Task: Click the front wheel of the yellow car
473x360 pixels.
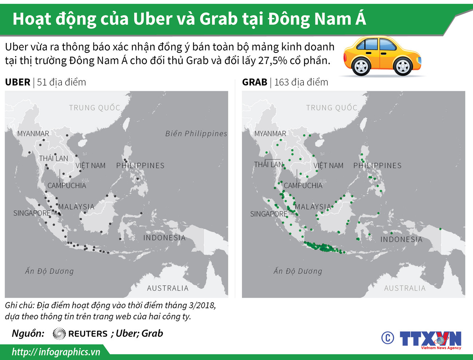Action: tap(403, 67)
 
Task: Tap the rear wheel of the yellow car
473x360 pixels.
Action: tap(362, 67)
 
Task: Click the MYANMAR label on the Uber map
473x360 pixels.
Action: tap(33, 134)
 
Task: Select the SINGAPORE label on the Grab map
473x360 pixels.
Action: tap(269, 214)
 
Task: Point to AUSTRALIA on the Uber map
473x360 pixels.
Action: tap(168, 288)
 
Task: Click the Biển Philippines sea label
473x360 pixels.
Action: tap(196, 134)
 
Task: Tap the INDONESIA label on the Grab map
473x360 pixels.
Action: tap(401, 240)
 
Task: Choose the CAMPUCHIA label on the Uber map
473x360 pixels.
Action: tap(67, 186)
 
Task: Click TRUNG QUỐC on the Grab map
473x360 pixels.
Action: tap(331, 108)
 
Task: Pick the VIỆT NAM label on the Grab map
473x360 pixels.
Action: tap(328, 166)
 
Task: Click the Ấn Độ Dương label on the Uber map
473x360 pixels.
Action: tap(49, 271)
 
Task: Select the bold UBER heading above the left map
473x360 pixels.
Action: tap(17, 82)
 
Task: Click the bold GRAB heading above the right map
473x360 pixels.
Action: tap(255, 82)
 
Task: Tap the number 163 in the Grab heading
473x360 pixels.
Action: tap(282, 82)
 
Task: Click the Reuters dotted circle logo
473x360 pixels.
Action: tap(59, 333)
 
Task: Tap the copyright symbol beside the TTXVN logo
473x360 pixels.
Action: tap(387, 338)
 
